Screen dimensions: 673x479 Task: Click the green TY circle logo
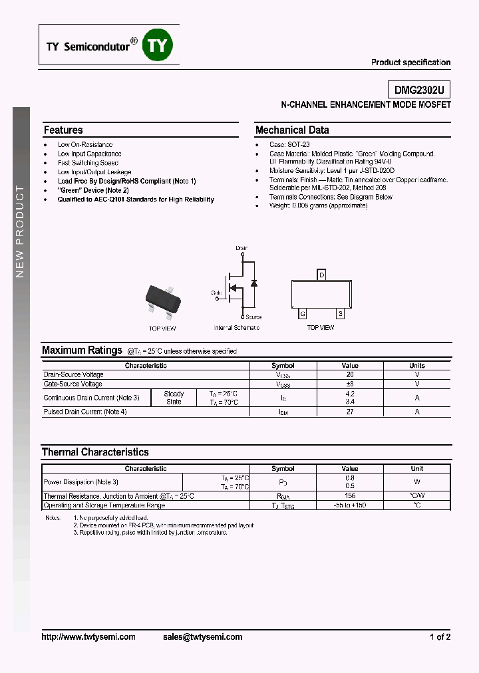tap(158, 45)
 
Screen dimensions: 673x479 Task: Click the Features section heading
tap(63, 130)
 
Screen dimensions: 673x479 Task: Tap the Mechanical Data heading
tap(292, 130)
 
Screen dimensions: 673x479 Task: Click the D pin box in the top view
tap(322, 275)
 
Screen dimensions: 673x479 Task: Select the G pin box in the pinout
tap(303, 313)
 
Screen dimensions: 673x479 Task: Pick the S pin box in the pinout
tap(341, 313)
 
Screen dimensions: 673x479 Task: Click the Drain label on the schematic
tap(241, 248)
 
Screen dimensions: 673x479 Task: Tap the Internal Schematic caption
tap(237, 328)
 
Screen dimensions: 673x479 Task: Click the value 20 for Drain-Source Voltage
tap(350, 374)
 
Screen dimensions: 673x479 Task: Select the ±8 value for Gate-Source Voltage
tap(350, 384)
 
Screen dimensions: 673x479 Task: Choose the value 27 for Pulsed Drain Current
tap(350, 412)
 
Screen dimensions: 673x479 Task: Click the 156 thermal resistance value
tap(350, 496)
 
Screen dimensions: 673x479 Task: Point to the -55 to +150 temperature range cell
tap(350, 505)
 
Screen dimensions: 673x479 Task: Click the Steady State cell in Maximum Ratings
tap(174, 398)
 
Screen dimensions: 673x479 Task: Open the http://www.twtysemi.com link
tap(88, 636)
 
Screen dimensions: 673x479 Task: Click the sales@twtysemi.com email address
tap(202, 636)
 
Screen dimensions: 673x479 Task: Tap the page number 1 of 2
tap(440, 636)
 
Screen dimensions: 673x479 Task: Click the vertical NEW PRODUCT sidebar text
tap(20, 231)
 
